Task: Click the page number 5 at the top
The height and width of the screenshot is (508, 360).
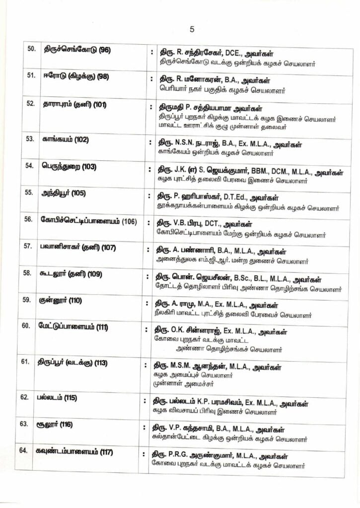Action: point(192,29)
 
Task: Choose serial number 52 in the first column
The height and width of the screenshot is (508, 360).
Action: point(30,104)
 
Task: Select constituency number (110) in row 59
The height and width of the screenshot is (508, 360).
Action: point(72,300)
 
